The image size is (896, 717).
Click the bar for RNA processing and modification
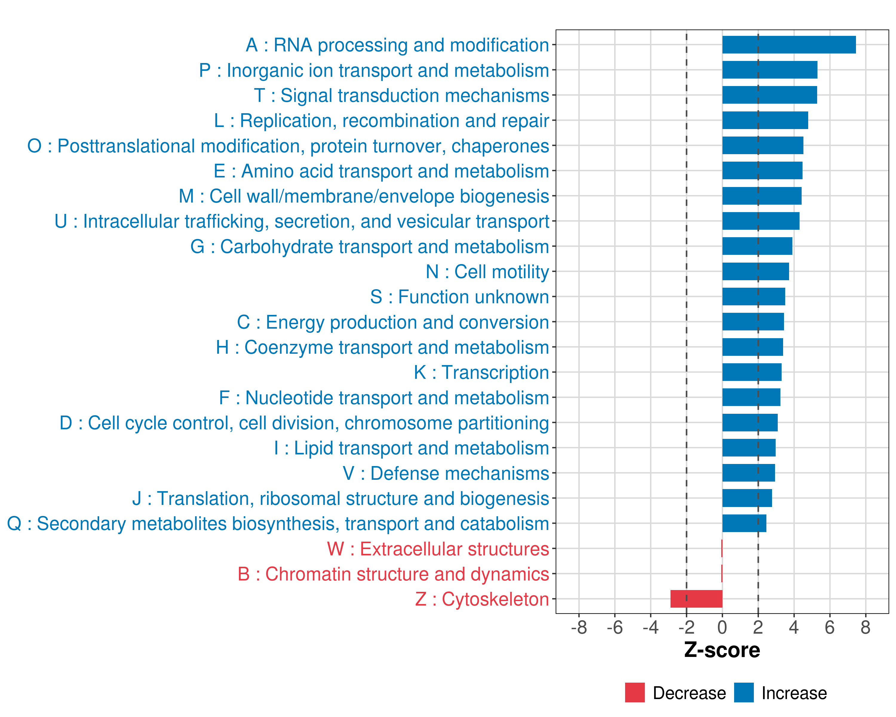(x=789, y=45)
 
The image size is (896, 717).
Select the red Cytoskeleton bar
(x=696, y=599)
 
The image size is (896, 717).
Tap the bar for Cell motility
(x=756, y=272)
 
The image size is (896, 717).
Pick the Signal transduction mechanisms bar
(x=769, y=95)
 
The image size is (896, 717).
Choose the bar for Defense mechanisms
(x=748, y=473)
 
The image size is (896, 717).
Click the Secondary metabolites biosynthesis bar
(x=744, y=523)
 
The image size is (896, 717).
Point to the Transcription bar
(x=752, y=372)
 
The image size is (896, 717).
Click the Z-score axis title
(x=722, y=650)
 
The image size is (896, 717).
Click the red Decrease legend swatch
(x=635, y=693)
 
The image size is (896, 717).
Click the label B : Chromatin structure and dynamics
(x=393, y=574)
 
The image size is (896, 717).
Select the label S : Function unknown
(x=459, y=297)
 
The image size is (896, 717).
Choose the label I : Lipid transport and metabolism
(x=412, y=448)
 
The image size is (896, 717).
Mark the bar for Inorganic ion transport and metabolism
(x=770, y=70)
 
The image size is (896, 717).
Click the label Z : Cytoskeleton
(x=482, y=599)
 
